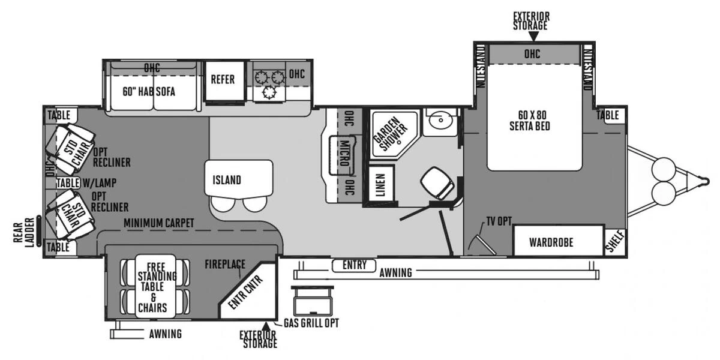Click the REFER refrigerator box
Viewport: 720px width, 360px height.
point(224,80)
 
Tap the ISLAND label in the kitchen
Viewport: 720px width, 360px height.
point(227,180)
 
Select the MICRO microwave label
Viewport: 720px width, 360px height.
point(344,154)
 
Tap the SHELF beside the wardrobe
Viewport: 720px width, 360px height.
point(615,242)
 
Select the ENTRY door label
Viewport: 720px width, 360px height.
point(354,265)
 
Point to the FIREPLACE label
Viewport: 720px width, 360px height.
point(225,264)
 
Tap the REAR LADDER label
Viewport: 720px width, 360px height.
point(24,233)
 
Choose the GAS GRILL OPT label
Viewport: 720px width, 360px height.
point(311,323)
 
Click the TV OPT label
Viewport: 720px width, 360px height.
point(499,221)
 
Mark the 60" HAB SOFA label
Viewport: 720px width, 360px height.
point(149,92)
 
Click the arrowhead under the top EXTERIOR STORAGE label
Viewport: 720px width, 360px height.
point(533,37)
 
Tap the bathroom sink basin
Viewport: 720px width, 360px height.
point(440,120)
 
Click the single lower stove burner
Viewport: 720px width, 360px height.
point(269,93)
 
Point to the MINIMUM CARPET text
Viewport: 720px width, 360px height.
point(159,223)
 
